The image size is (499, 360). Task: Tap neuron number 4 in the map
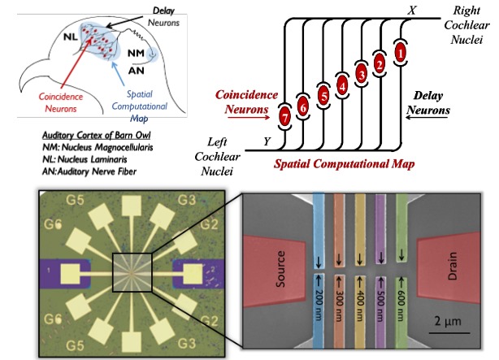point(342,82)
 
